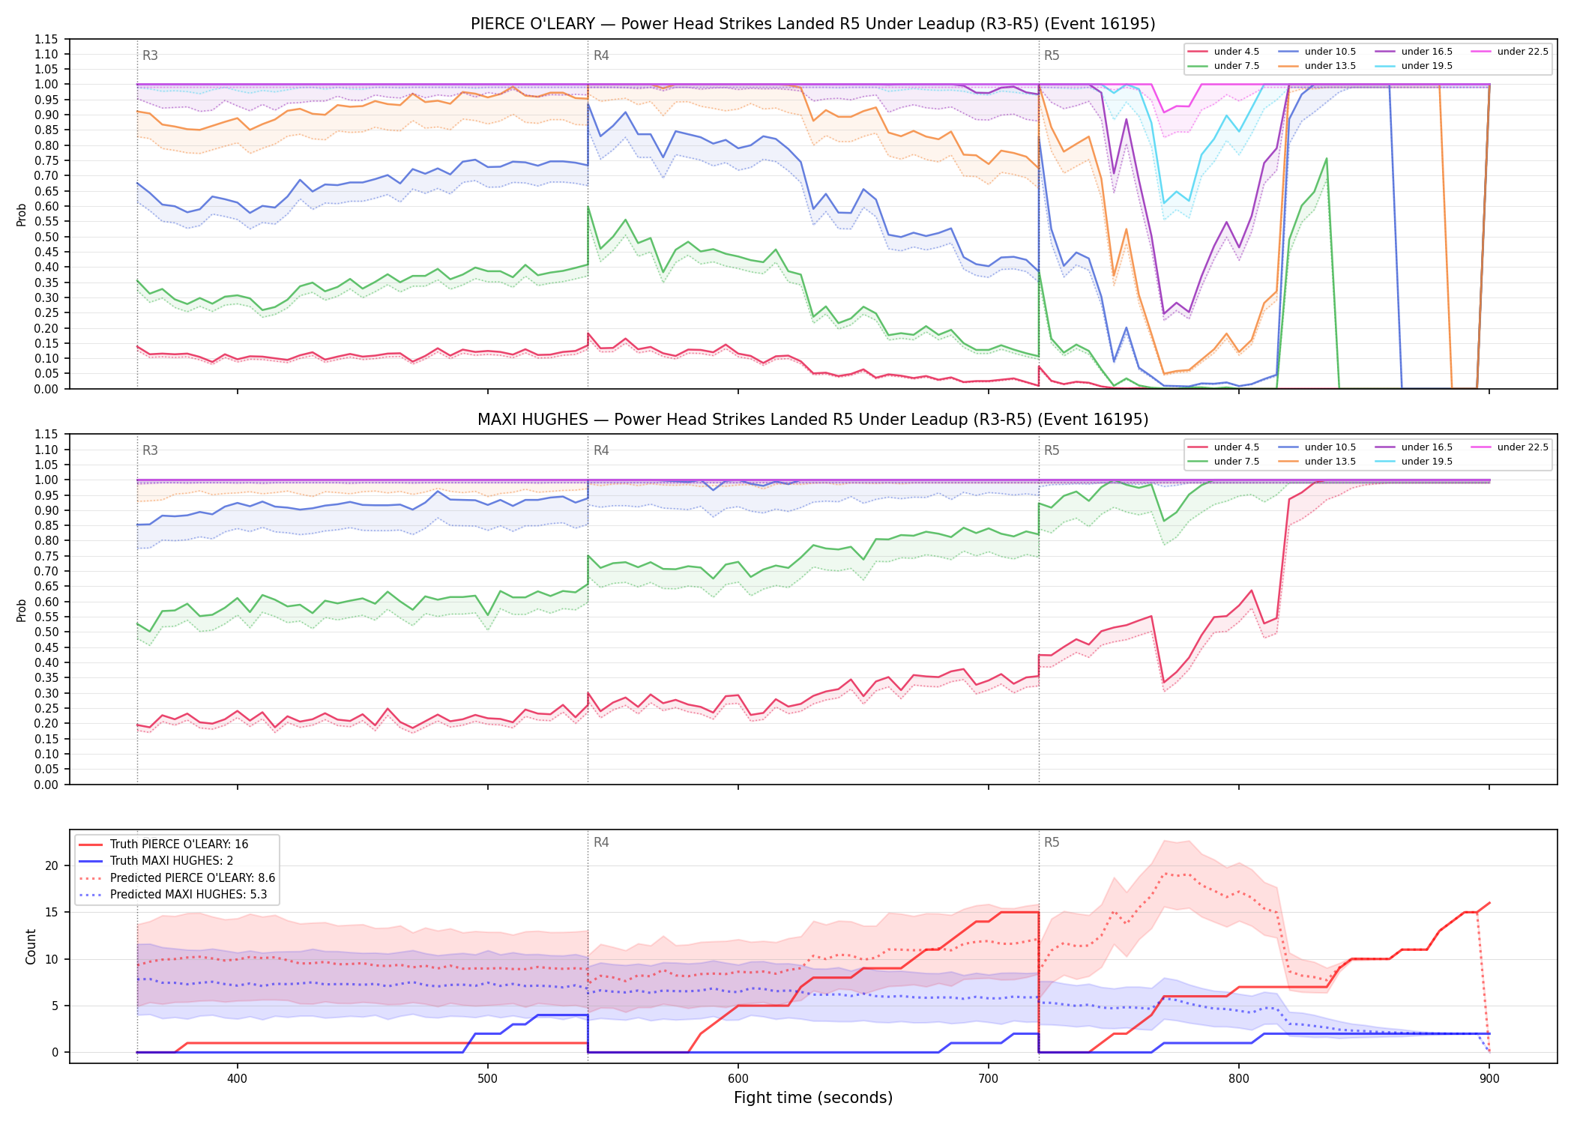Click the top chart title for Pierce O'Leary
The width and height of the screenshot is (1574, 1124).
point(812,24)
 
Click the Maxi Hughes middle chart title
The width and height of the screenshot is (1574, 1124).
point(812,420)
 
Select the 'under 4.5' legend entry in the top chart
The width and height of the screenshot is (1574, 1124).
point(1223,52)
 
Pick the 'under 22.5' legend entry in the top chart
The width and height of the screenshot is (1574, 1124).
point(1510,52)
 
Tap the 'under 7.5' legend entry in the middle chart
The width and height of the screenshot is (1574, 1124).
point(1223,462)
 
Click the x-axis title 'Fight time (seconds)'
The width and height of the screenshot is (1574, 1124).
point(813,1098)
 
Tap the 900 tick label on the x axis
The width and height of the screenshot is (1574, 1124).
point(1489,1078)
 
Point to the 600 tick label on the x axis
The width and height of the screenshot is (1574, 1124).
point(738,1078)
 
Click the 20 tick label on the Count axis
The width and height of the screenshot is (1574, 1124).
point(52,865)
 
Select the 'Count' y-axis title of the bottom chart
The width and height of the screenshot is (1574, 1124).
point(31,946)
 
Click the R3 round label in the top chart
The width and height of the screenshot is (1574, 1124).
point(150,55)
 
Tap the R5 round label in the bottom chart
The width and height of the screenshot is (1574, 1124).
point(1052,842)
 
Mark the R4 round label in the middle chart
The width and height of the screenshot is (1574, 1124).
point(601,450)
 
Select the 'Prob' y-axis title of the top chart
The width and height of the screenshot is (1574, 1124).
point(22,214)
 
